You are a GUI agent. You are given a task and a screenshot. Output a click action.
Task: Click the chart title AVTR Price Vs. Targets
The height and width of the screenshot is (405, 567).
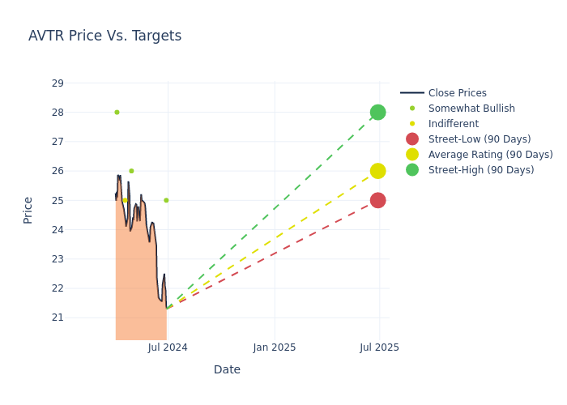104,36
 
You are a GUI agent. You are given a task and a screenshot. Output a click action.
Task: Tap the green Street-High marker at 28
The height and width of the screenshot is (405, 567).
377,112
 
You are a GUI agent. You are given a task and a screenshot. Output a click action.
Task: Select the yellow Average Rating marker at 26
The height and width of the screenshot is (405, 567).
377,171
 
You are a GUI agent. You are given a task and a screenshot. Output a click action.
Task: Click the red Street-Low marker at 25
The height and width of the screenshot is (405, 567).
377,200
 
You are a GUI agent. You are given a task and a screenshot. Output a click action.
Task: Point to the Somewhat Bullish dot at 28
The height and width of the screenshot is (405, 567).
117,113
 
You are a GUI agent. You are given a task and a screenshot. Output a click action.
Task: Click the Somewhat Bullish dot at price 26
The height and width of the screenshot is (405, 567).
131,171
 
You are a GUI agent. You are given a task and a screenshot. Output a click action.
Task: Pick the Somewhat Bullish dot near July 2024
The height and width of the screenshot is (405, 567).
166,200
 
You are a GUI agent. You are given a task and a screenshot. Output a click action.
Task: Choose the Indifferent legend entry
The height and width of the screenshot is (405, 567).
453,124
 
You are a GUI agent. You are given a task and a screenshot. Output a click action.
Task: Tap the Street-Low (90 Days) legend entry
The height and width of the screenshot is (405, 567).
480,139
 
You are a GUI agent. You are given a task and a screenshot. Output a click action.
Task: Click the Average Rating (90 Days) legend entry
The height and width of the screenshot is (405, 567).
490,155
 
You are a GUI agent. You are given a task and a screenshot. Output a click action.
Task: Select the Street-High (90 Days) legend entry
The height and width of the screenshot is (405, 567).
481,170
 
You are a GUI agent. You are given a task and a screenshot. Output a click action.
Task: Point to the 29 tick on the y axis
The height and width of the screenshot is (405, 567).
57,83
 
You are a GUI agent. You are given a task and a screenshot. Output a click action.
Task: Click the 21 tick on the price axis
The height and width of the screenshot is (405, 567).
57,318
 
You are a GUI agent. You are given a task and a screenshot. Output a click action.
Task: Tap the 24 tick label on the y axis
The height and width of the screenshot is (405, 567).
57,230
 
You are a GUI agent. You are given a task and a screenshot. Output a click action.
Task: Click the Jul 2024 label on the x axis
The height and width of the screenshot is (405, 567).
168,347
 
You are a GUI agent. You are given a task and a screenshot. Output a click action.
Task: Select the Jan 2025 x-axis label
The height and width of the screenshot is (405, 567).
275,347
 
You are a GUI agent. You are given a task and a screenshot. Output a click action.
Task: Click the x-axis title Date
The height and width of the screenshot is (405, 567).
227,369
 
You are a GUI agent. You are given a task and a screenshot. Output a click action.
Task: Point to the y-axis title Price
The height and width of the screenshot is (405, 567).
28,210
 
